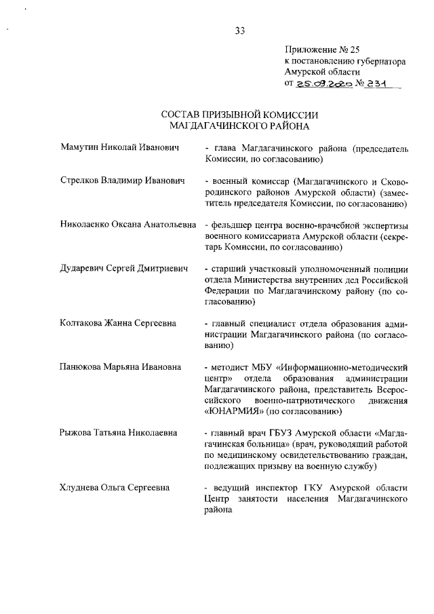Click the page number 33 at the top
point(239,30)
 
